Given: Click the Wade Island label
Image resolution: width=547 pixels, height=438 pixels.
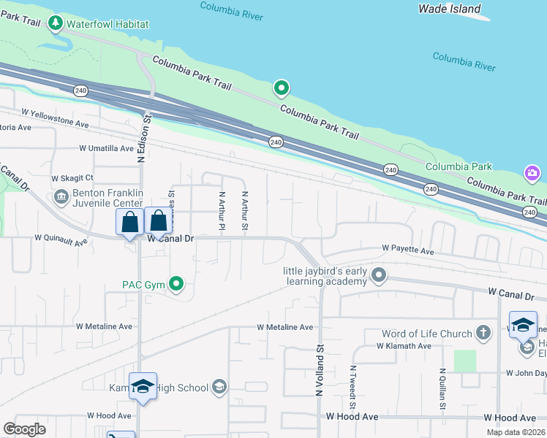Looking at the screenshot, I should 450,9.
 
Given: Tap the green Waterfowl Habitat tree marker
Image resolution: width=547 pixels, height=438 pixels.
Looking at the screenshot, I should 56,24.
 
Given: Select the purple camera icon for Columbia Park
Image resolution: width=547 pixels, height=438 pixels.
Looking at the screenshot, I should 532,173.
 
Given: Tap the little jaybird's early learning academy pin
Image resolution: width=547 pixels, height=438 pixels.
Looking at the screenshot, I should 378,275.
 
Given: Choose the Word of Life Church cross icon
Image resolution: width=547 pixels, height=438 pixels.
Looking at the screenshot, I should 483,334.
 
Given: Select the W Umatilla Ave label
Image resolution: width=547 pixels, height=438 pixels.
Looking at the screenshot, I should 107,147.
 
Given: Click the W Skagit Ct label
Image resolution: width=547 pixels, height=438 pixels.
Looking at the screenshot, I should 72,178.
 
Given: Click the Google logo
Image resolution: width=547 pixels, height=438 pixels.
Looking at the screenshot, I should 24,429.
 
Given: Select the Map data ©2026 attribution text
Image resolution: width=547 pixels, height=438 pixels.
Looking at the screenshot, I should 516,432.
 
